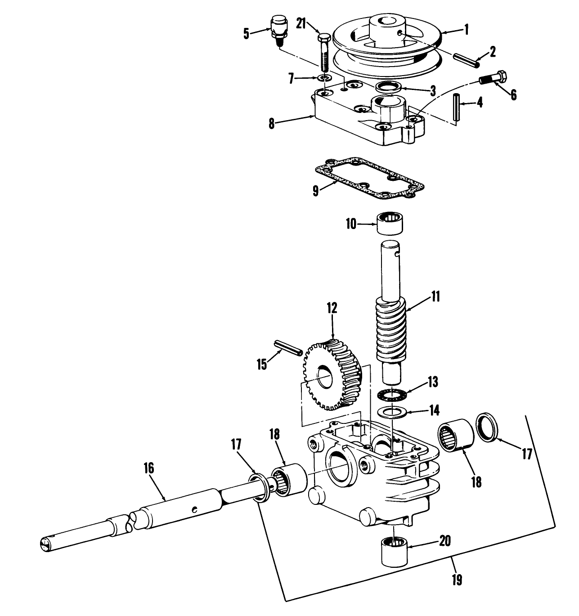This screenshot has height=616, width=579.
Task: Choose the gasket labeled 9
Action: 369,178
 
